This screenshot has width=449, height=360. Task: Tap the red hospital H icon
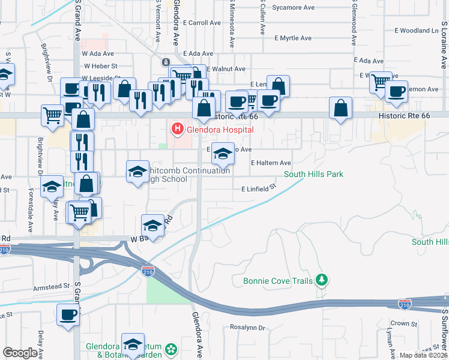[177, 128]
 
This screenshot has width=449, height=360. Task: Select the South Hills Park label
[313, 175]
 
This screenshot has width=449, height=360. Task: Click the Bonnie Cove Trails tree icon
[322, 280]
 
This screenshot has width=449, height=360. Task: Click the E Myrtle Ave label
[293, 38]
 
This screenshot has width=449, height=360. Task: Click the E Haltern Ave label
[271, 163]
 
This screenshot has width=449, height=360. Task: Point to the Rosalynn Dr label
[247, 328]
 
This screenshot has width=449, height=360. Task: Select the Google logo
[20, 353]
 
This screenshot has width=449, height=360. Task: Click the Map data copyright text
[423, 355]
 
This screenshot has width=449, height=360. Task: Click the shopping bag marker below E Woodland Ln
[340, 108]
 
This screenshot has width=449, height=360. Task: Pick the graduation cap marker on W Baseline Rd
[152, 226]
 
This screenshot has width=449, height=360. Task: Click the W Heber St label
[100, 66]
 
